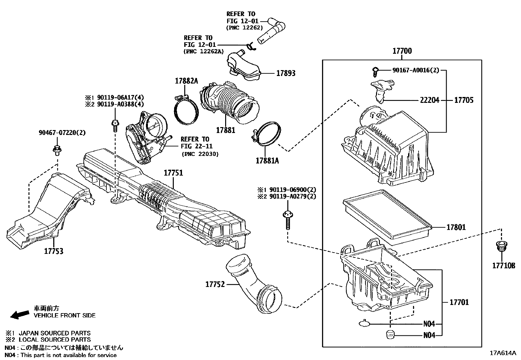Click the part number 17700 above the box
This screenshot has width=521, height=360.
click(x=402, y=51)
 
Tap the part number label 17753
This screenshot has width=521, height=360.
click(x=54, y=252)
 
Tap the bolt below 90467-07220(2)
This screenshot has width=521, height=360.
click(x=57, y=151)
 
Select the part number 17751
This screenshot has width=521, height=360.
click(x=173, y=173)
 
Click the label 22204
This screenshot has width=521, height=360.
click(x=429, y=100)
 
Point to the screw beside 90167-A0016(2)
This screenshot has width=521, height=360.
click(x=376, y=70)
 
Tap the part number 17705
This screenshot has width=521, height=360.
click(x=464, y=100)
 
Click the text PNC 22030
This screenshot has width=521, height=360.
click(x=200, y=154)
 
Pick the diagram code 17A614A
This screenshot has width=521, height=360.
click(x=503, y=353)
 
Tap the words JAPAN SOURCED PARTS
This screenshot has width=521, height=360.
click(x=55, y=333)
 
